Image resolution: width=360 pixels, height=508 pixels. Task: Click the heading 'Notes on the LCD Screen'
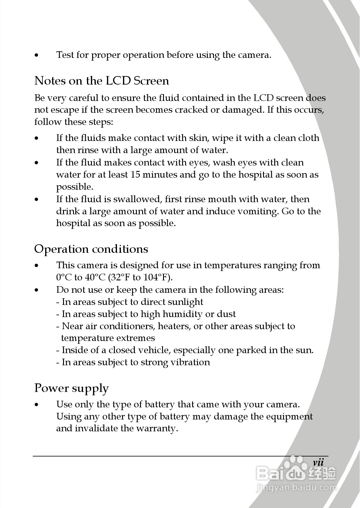point(102,81)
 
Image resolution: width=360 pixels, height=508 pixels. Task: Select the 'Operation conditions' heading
point(91,249)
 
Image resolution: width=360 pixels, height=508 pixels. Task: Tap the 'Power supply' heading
point(71,388)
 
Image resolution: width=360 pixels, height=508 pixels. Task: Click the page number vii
point(318,463)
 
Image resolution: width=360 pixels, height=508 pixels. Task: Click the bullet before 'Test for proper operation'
point(37,56)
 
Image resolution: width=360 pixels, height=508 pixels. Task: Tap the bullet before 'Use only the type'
point(37,405)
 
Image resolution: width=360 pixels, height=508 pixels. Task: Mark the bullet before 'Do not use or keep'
point(37,290)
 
